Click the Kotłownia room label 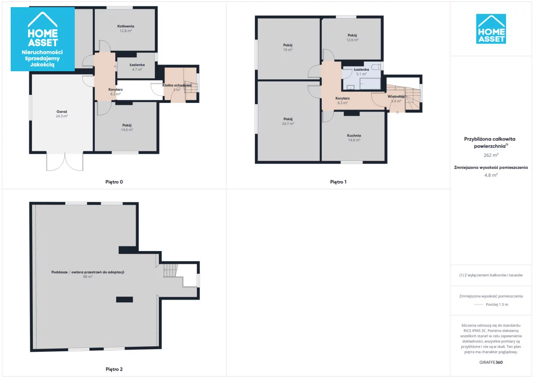[125, 26]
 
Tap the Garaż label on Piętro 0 [62, 112]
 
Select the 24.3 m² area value [62, 116]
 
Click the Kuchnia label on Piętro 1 [354, 135]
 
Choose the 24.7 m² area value [288, 124]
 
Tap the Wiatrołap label [396, 97]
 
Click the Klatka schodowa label [177, 85]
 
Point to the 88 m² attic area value [88, 276]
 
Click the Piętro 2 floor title [114, 369]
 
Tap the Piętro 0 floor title [114, 182]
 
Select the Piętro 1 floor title [338, 182]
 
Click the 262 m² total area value [491, 155]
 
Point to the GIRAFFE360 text [491, 362]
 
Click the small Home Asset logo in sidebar [491, 29]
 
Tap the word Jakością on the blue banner [42, 65]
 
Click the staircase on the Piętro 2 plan [170, 270]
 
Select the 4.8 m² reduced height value [491, 175]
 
